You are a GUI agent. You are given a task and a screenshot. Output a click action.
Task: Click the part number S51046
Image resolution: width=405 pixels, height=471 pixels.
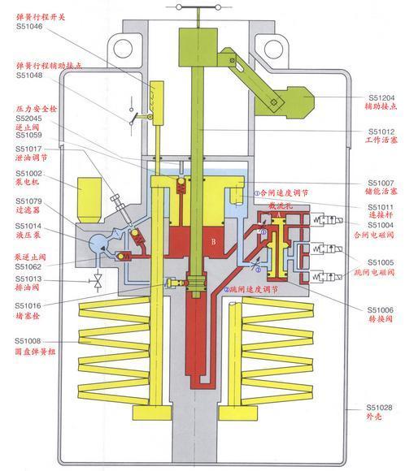[x=30, y=27]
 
